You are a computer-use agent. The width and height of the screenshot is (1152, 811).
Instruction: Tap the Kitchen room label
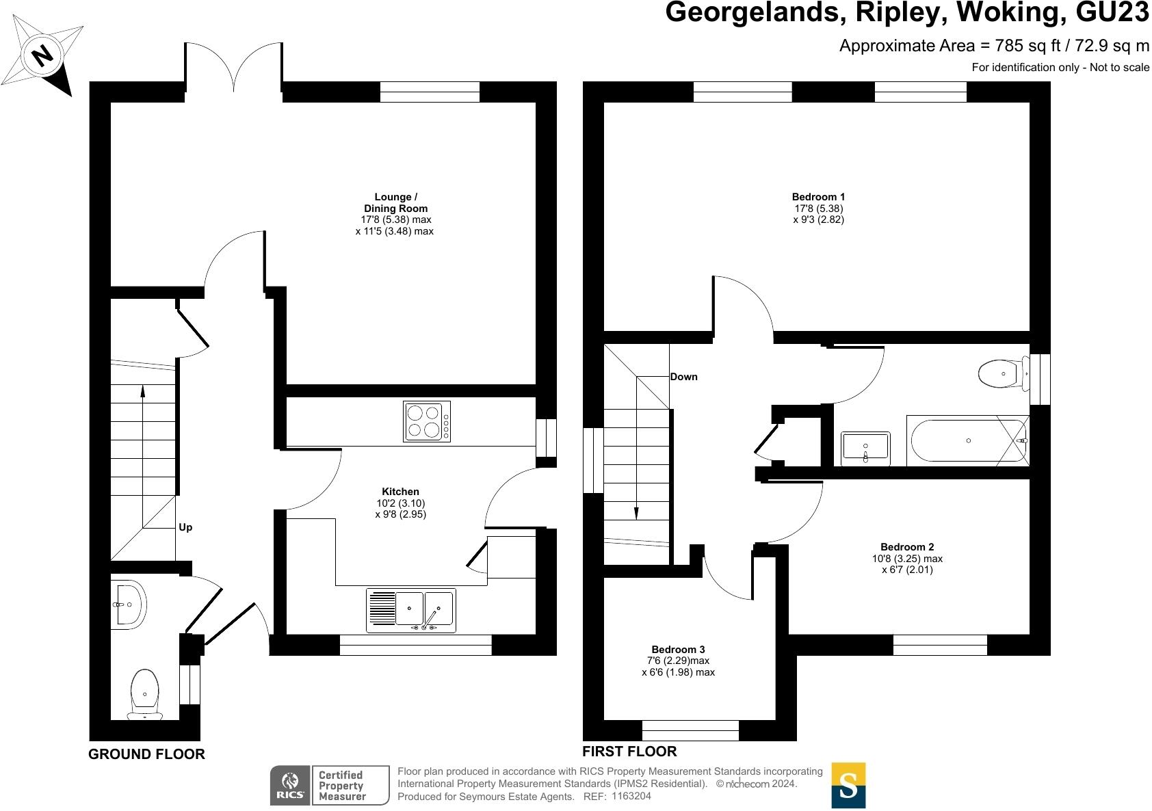click(400, 491)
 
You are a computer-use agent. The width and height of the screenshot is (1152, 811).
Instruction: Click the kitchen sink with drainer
click(411, 610)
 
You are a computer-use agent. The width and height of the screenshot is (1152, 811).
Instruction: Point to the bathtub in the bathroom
click(967, 441)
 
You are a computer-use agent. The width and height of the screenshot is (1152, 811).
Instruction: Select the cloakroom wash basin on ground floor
click(128, 604)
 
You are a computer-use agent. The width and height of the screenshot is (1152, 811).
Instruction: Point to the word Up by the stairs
click(185, 527)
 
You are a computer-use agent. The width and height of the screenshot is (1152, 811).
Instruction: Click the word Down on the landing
click(683, 377)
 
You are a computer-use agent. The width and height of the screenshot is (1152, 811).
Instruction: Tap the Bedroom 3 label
click(678, 649)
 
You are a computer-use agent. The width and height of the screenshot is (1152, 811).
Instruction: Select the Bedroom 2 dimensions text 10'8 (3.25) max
click(906, 558)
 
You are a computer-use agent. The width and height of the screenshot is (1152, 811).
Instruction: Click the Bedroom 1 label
click(818, 197)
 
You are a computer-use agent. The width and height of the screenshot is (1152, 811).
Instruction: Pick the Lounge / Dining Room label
click(396, 202)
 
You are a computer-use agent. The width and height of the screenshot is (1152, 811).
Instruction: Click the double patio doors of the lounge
click(233, 67)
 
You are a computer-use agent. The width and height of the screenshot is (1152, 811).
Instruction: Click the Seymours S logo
click(848, 785)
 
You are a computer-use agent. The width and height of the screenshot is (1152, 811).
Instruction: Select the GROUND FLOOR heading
click(146, 754)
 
